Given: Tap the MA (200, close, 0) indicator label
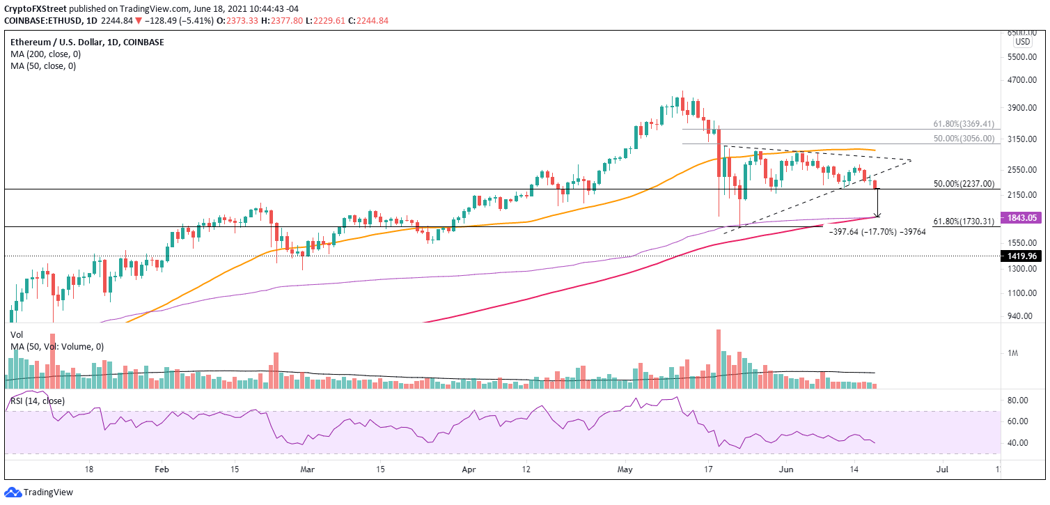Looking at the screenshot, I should (43, 54).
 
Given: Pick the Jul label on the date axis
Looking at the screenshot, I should (941, 470).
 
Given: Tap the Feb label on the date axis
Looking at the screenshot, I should (162, 470).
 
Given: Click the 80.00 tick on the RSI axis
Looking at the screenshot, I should (1017, 401).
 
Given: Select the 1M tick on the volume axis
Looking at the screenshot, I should (1013, 354).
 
